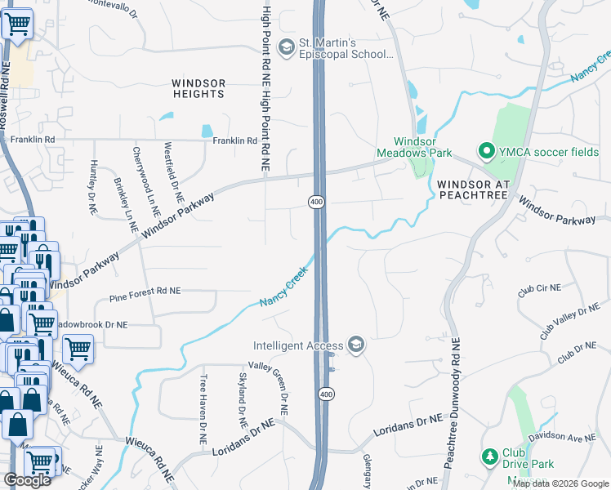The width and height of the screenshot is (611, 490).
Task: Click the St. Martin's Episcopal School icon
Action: pyautogui.click(x=286, y=49)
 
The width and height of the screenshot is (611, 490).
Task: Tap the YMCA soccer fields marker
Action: pyautogui.click(x=487, y=151)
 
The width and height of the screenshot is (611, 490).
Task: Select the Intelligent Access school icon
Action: pyautogui.click(x=355, y=345)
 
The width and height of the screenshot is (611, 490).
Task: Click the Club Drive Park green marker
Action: pyautogui.click(x=489, y=456)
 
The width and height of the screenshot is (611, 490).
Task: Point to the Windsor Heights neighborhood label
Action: pyautogui.click(x=198, y=88)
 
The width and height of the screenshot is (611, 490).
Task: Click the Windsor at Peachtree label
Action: pyautogui.click(x=474, y=189)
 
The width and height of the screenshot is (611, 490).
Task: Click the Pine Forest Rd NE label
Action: pyautogui.click(x=145, y=291)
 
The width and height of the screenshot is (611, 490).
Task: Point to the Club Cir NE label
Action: pyautogui.click(x=538, y=288)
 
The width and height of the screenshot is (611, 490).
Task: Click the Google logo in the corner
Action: pyautogui.click(x=27, y=480)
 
